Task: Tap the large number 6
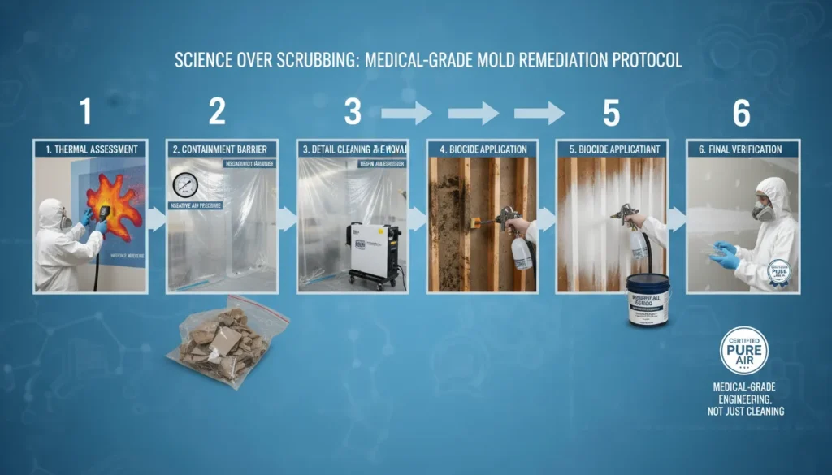[741, 112]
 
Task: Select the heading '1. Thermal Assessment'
[90, 149]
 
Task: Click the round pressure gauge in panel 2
[186, 185]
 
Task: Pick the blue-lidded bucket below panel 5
[648, 299]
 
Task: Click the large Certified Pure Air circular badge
[743, 351]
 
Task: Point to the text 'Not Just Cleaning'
[743, 412]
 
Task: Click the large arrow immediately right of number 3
[407, 114]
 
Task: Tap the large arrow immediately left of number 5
[542, 114]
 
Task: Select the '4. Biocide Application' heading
[483, 149]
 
